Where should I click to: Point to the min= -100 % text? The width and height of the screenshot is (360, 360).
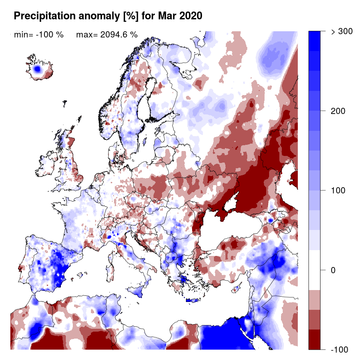pos(39,35)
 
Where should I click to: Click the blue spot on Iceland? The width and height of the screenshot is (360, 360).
pos(38,69)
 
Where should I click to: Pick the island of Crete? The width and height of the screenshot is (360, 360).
pos(192,301)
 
